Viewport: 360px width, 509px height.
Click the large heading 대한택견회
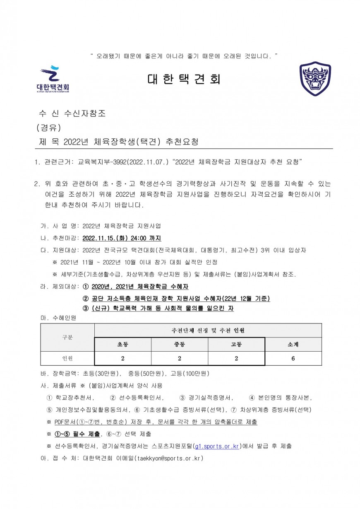[x=184, y=79]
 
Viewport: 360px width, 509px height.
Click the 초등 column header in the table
[x=122, y=344]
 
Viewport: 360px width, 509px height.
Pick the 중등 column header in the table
[x=180, y=344]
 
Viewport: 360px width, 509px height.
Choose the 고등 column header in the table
[x=236, y=344]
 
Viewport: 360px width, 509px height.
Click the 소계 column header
[x=293, y=344]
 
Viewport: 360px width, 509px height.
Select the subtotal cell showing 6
[x=293, y=358]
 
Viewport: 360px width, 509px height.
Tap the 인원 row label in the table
[x=67, y=358]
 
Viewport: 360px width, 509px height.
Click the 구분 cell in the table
[x=67, y=337]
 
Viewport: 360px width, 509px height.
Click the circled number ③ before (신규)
[x=86, y=308]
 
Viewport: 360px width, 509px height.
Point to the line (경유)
[x=49, y=128]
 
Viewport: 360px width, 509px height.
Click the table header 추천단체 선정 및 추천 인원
[x=208, y=330]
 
